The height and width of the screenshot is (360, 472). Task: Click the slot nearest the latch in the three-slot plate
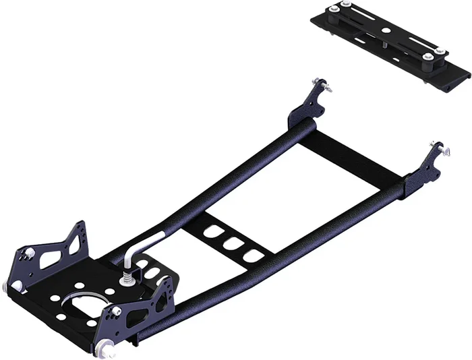(x=215, y=232)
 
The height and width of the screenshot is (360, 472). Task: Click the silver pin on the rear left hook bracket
(x=326, y=86)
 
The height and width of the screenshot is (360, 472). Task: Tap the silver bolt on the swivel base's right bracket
(x=117, y=311)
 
